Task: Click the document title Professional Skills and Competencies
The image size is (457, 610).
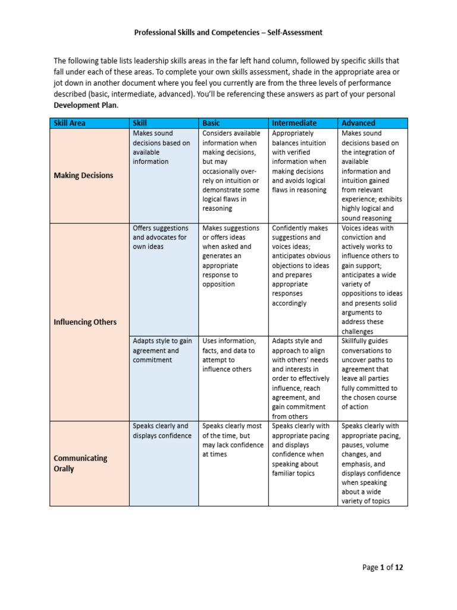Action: [228, 33]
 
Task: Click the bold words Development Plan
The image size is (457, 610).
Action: [85, 105]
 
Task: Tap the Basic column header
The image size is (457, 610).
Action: [211, 123]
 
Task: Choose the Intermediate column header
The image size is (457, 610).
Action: [294, 123]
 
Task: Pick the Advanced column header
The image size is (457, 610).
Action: [358, 123]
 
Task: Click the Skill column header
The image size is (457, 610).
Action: [140, 123]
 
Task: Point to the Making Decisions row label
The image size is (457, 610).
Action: [83, 176]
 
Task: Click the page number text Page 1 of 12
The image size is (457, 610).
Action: [383, 568]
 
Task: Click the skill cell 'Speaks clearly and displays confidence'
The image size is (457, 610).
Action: [162, 431]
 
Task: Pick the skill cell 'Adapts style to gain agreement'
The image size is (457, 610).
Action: [162, 350]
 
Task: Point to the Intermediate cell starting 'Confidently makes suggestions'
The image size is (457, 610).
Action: [300, 265]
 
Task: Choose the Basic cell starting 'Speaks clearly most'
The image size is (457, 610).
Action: [233, 440]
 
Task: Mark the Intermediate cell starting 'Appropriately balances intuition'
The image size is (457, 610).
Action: [300, 161]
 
